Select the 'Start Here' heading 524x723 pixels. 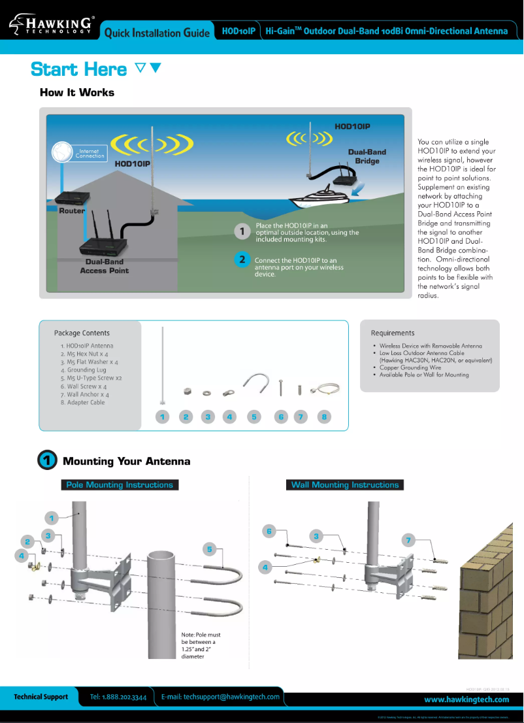[79, 69]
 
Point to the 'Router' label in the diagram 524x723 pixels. [72, 210]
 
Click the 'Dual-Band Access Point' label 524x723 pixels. [105, 266]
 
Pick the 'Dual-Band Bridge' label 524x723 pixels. [367, 156]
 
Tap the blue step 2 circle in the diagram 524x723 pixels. [242, 260]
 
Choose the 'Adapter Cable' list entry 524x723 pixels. [86, 403]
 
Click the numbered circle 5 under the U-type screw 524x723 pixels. [254, 416]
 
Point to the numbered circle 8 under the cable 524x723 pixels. [323, 416]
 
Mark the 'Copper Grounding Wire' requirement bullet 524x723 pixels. [411, 367]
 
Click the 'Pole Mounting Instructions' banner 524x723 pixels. [120, 485]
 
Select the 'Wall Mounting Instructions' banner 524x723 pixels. [345, 485]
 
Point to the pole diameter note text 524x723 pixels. [201, 645]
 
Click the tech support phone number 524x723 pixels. [118, 698]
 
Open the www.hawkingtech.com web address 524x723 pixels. [467, 699]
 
